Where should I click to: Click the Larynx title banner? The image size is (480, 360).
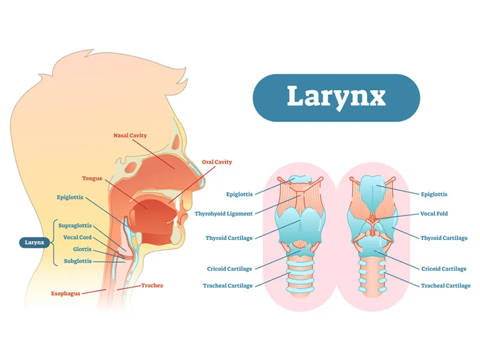click(x=336, y=98)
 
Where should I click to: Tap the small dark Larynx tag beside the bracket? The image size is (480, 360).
click(x=34, y=242)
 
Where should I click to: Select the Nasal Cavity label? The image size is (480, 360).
click(x=130, y=136)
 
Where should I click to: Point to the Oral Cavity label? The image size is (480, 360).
click(x=217, y=162)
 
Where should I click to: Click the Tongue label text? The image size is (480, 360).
click(x=92, y=178)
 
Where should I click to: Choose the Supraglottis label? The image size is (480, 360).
click(x=75, y=226)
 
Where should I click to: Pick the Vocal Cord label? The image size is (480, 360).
click(x=77, y=237)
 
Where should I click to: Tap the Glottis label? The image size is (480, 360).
click(x=82, y=249)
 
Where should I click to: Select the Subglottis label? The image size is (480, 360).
click(x=78, y=261)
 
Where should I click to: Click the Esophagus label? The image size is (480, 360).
click(x=65, y=293)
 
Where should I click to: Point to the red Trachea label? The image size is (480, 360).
click(x=152, y=286)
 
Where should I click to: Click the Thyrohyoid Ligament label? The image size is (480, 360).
click(x=224, y=214)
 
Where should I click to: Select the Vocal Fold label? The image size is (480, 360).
click(x=434, y=214)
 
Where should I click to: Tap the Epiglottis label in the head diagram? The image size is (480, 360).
click(x=70, y=197)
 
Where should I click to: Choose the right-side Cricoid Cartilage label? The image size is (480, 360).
click(x=444, y=269)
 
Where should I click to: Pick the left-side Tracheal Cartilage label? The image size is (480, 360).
click(x=228, y=286)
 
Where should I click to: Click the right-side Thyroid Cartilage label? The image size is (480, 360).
click(x=444, y=238)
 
